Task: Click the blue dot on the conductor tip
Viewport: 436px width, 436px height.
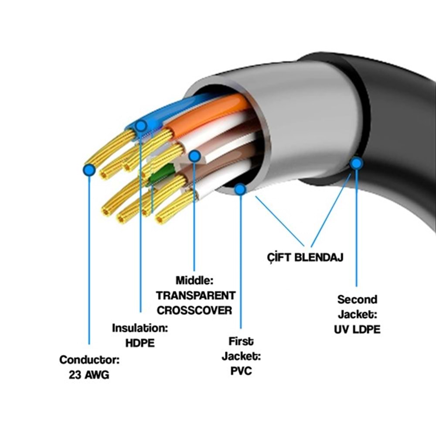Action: click(x=89, y=170)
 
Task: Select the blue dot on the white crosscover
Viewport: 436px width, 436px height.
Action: click(x=194, y=156)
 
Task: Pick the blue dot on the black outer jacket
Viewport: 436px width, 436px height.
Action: click(x=357, y=163)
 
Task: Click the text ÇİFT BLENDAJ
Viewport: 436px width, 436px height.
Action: click(x=305, y=257)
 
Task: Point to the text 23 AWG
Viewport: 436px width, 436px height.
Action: click(x=89, y=375)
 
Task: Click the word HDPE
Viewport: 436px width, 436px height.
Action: click(x=140, y=343)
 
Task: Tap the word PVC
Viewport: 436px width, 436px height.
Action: click(x=241, y=371)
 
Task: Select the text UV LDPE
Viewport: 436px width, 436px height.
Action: click(x=357, y=329)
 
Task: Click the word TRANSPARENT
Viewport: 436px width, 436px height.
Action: click(x=195, y=295)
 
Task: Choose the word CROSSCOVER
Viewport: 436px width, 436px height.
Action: click(x=194, y=310)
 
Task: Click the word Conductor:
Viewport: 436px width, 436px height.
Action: click(x=89, y=360)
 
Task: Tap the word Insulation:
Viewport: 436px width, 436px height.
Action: click(x=140, y=328)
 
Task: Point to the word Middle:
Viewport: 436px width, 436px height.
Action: click(x=195, y=280)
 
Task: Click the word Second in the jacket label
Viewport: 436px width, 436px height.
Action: click(x=357, y=300)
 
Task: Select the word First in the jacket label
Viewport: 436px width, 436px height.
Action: click(x=241, y=341)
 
